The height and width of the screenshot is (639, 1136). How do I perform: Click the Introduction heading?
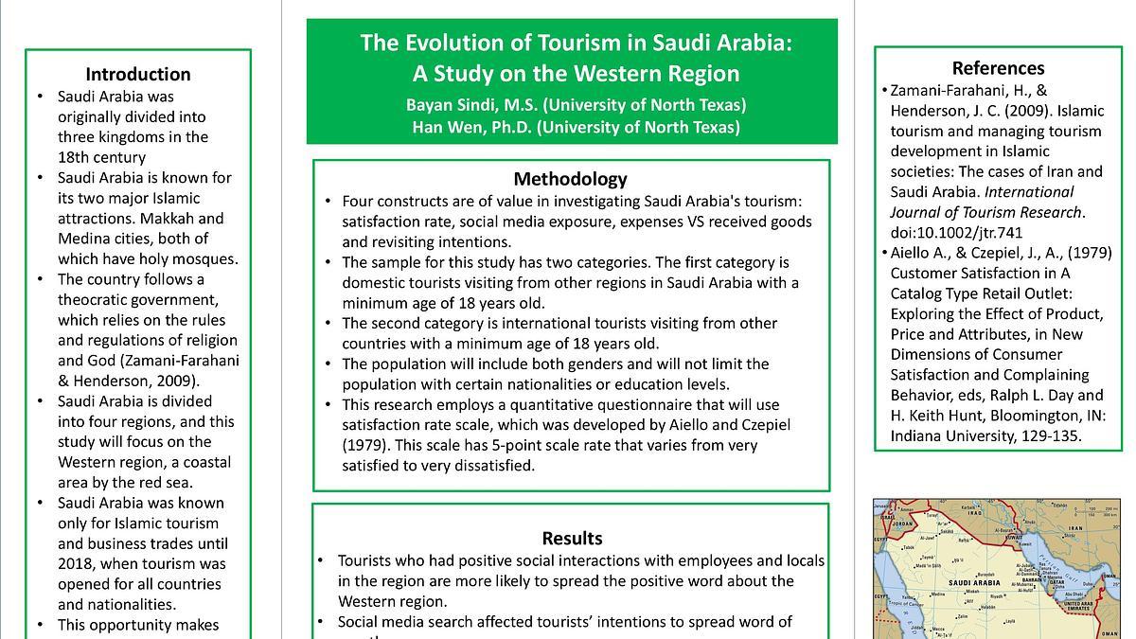[138, 74]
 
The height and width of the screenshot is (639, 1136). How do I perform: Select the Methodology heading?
[571, 179]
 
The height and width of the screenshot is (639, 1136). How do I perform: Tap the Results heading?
[572, 538]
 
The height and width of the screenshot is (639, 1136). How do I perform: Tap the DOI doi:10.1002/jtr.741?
[956, 232]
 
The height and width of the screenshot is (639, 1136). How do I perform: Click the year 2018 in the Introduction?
[78, 563]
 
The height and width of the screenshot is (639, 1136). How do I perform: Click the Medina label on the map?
[938, 595]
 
